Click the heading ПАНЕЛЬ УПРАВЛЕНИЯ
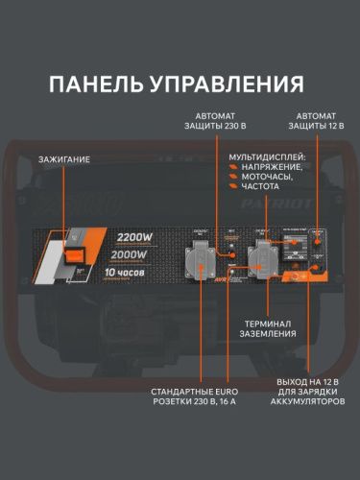click(180, 84)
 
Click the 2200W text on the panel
click(134, 237)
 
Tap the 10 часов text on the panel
click(124, 273)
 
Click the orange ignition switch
click(76, 252)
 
